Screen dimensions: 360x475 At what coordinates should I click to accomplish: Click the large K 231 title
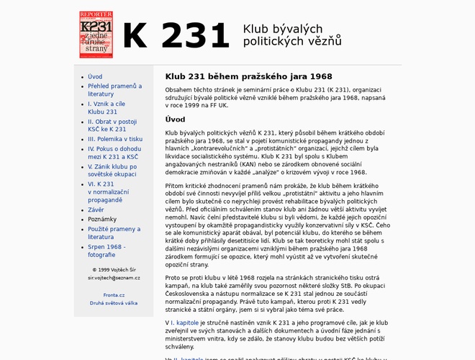point(176,35)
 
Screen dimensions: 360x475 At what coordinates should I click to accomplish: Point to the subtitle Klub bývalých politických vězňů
point(292,35)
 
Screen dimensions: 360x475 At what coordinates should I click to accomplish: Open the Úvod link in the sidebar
point(95,76)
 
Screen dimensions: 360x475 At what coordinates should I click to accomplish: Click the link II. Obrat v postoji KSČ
point(112,125)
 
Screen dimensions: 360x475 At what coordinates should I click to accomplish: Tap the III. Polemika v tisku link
point(115,139)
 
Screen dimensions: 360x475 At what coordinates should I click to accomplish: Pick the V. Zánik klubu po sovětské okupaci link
point(112,171)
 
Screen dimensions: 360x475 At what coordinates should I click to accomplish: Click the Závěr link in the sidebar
point(96,210)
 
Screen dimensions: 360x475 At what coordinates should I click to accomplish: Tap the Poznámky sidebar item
point(102,220)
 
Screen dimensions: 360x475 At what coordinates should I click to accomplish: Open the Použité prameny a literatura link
point(114,233)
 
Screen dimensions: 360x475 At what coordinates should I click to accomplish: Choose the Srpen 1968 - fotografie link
point(107,251)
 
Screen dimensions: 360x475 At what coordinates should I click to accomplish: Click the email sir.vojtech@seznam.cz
point(114,277)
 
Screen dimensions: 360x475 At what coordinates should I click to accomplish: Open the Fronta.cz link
point(114,294)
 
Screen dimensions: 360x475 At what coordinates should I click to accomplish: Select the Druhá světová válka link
point(114,303)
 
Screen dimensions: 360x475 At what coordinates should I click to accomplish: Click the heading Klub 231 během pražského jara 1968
point(248,76)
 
